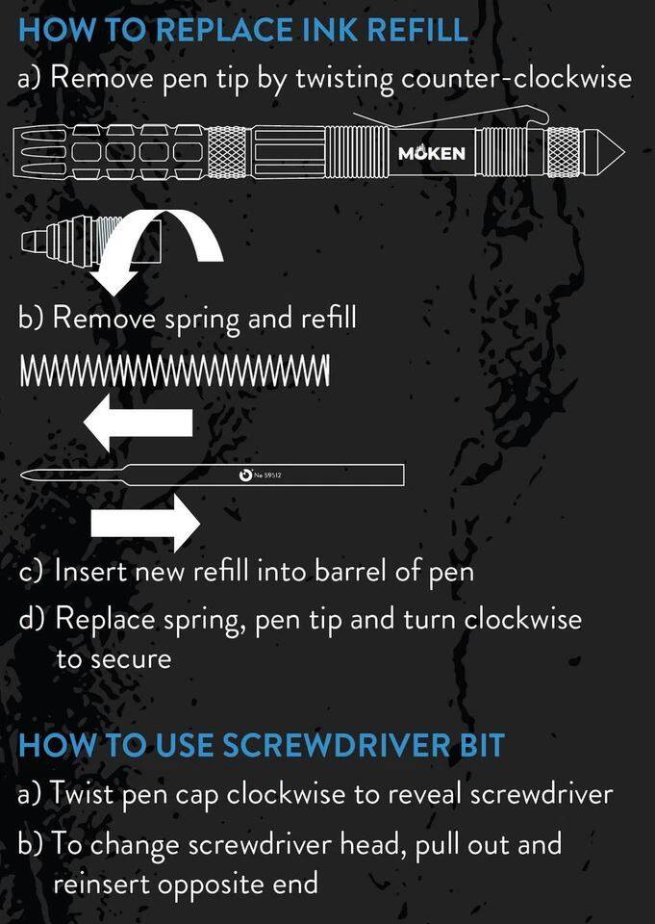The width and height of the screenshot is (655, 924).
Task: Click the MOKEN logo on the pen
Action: (x=432, y=154)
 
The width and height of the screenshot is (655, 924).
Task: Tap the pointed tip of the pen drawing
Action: (x=624, y=153)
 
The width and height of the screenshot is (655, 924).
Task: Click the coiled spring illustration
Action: (x=175, y=371)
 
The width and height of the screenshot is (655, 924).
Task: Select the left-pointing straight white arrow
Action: (x=139, y=423)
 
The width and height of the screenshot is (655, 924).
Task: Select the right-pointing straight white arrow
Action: (x=146, y=523)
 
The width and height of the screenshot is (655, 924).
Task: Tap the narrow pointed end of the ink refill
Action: (x=22, y=475)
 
